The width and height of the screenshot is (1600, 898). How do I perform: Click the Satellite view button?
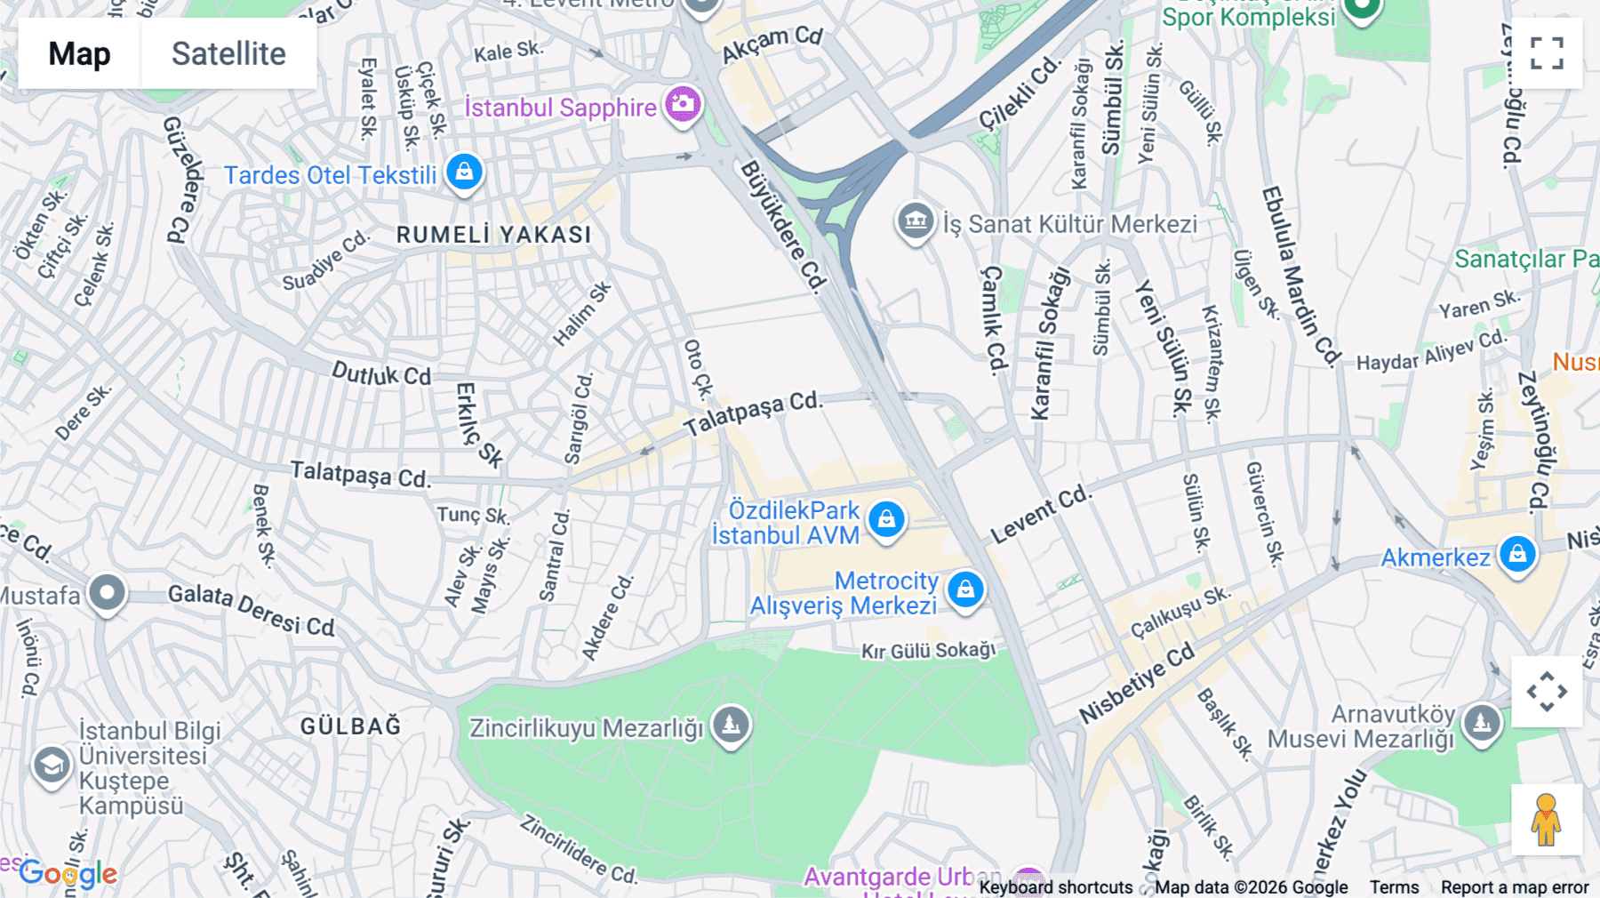point(228,53)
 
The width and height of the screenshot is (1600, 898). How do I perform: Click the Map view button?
point(79,53)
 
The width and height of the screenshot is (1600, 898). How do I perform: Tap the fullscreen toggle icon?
point(1547,53)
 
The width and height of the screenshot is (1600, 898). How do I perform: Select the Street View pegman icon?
point(1546,820)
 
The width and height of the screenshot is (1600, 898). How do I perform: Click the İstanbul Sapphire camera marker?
point(683,105)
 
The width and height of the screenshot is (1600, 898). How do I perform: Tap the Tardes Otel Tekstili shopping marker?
point(464,172)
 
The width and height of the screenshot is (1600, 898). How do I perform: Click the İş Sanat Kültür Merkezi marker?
point(915,220)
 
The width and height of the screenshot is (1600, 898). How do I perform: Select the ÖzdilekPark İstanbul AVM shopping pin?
point(886,519)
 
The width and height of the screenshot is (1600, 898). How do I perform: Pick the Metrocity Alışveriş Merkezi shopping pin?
point(965,589)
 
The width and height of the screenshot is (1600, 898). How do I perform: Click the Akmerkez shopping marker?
point(1516,554)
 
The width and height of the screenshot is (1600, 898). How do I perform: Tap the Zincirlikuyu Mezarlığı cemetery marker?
point(731,726)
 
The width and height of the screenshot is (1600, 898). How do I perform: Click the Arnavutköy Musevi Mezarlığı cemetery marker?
point(1481,724)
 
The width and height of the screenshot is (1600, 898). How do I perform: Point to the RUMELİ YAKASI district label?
point(493,235)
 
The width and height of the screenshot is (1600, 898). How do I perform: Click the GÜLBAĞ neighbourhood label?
point(350,726)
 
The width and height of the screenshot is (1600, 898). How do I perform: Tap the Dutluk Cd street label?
point(381,374)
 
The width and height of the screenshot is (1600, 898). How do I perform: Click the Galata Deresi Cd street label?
point(252,610)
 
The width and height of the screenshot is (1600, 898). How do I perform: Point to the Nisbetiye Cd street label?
point(1137,684)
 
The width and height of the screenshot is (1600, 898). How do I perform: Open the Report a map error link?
point(1515,887)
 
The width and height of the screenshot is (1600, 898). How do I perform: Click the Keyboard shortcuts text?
point(1055,887)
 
